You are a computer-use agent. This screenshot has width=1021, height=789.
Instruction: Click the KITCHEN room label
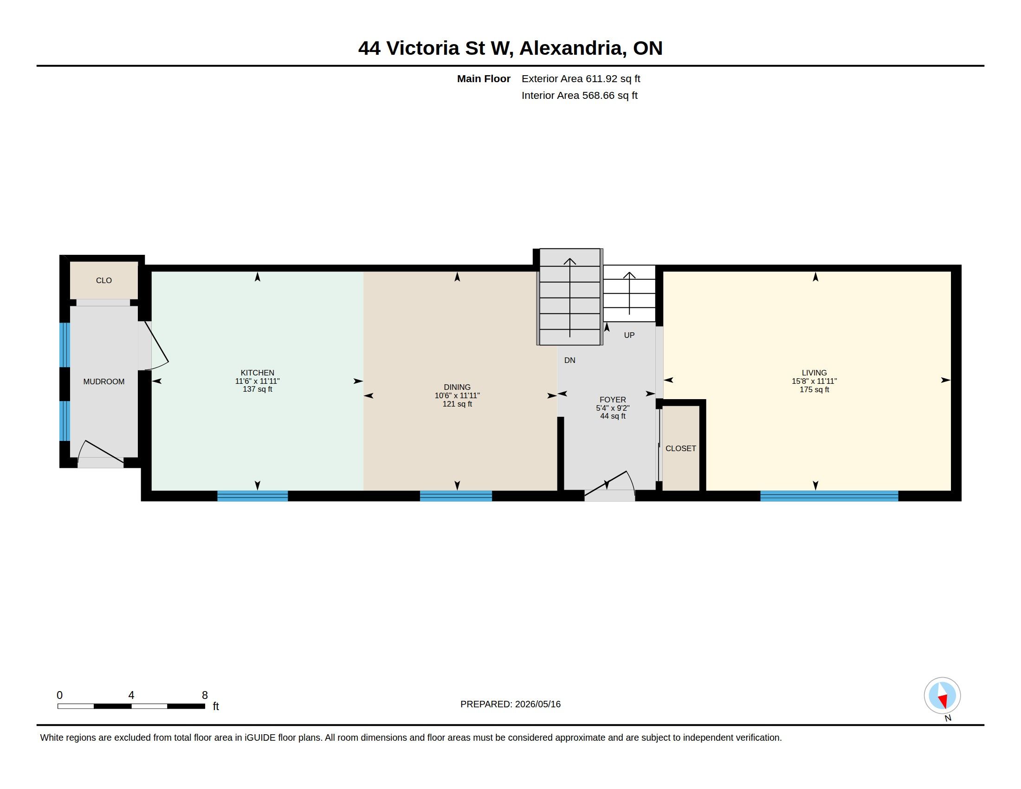(257, 373)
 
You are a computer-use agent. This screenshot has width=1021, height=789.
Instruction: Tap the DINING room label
(457, 387)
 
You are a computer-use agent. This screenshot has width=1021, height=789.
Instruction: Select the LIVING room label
(814, 373)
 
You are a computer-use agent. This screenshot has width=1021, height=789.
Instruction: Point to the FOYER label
(613, 400)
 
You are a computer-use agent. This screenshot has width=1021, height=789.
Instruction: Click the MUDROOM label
(104, 382)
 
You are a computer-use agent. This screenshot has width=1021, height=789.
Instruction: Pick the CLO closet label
(104, 280)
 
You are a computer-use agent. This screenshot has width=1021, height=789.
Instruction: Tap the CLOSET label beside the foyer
(681, 448)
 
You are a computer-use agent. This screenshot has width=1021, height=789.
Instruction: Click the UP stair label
(629, 335)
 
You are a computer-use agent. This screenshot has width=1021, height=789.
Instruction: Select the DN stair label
(570, 360)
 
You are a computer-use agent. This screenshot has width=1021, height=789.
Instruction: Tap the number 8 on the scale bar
(205, 695)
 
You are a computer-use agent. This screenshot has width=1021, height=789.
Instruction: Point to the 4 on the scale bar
(131, 695)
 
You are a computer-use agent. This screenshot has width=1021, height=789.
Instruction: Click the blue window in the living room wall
(829, 496)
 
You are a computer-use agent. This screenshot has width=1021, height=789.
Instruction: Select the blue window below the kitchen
(252, 496)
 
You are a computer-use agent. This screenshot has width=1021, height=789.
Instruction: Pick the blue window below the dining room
(456, 496)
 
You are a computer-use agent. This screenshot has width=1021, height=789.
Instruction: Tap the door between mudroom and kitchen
(154, 345)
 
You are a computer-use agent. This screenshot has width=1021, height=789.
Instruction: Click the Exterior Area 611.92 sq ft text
(581, 78)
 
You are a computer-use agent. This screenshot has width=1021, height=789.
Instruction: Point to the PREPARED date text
(510, 704)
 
